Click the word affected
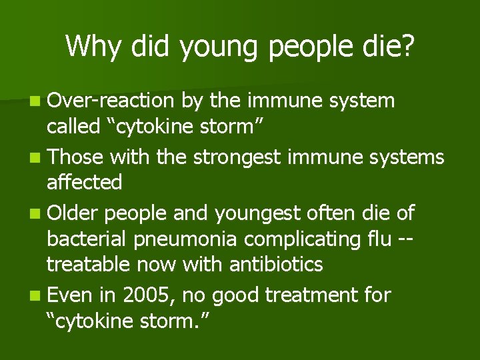(85, 182)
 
